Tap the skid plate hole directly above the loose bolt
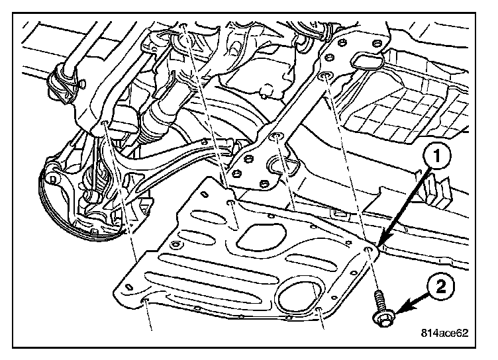[368, 251]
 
